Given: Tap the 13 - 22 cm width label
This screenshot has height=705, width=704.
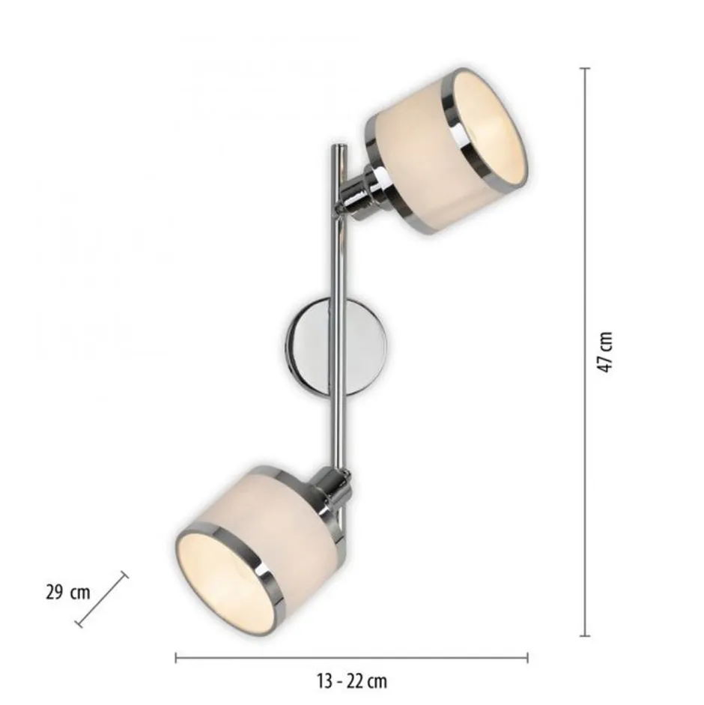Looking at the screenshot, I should [351, 681].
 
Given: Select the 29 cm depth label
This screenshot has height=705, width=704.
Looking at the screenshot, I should [67, 593].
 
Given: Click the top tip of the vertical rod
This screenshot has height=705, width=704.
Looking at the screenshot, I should [336, 148].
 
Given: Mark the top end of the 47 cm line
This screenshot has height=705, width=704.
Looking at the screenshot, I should [585, 69].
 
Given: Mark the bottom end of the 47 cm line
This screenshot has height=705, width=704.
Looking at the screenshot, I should [585, 635].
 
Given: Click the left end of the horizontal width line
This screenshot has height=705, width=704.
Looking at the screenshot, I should [176, 658].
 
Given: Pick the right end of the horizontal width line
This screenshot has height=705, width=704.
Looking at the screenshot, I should [527, 658].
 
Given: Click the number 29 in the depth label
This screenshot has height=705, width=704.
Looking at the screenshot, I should [54, 593].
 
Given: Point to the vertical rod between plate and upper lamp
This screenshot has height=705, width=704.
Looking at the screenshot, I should [336, 255].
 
